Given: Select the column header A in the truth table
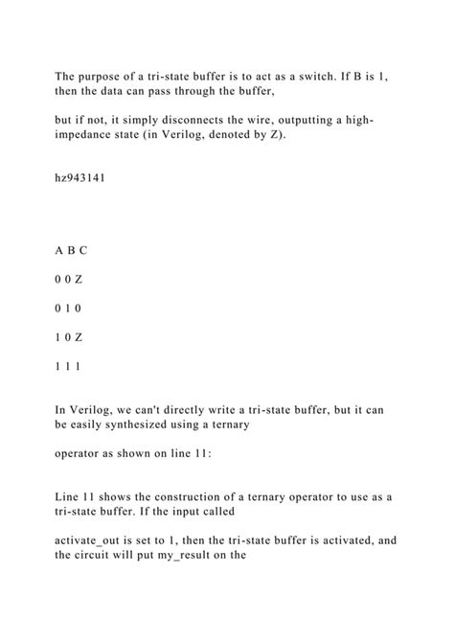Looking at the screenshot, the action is (58, 250).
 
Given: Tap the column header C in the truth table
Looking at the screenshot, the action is (83, 250).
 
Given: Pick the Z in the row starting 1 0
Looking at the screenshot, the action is (83, 338).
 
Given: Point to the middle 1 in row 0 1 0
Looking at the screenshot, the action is (71, 309).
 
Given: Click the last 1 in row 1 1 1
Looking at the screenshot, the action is (83, 368).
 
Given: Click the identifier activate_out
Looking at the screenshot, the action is (91, 539).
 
